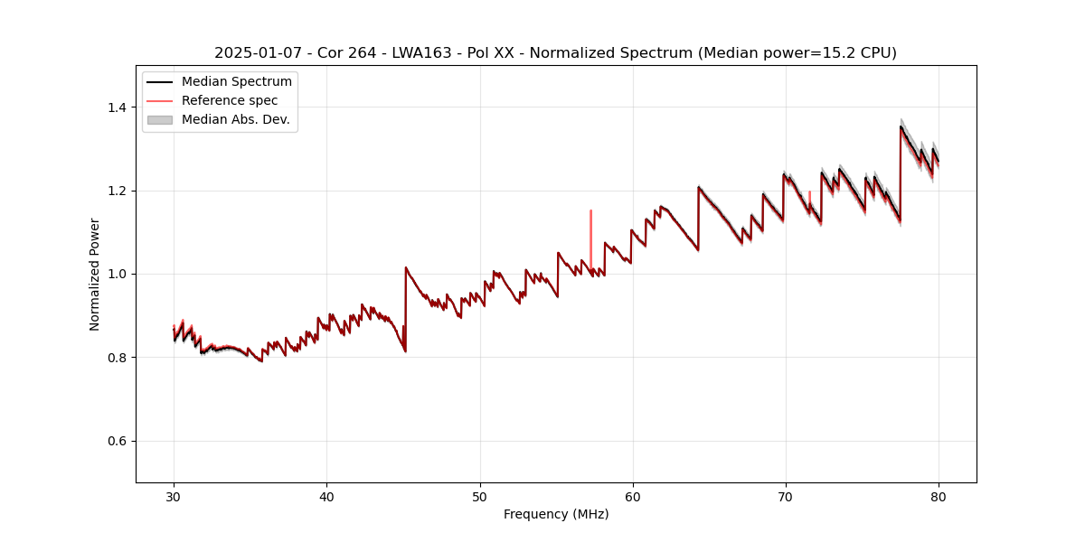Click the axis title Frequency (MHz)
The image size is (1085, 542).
(x=556, y=514)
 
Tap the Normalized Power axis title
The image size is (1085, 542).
(x=95, y=274)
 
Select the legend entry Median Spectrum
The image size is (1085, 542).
(x=236, y=82)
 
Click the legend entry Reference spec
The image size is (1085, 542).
(x=230, y=100)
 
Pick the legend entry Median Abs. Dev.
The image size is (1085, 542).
(x=235, y=119)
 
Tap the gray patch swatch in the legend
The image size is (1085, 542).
(x=159, y=119)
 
